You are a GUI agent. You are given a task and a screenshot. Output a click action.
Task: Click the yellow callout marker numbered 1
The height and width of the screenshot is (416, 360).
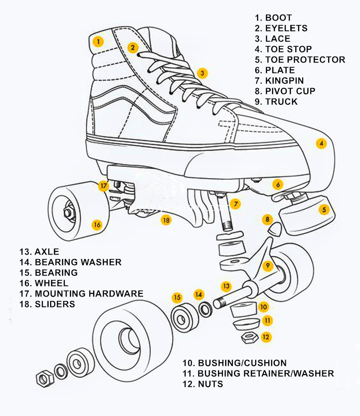(98, 42)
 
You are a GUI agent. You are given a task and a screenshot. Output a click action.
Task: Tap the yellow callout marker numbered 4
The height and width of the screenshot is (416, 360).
(321, 144)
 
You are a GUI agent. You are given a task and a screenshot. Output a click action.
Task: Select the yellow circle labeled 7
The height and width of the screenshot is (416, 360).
(236, 204)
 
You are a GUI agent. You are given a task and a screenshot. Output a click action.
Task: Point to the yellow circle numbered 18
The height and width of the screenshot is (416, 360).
(166, 220)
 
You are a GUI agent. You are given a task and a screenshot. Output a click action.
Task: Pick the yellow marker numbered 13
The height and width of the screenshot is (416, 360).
(226, 286)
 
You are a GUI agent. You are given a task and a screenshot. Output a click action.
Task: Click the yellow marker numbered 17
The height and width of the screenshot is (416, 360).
(103, 186)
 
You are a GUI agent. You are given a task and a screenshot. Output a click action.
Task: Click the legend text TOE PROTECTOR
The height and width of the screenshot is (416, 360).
(305, 60)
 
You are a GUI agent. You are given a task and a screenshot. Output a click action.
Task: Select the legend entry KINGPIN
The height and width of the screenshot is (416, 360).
(284, 81)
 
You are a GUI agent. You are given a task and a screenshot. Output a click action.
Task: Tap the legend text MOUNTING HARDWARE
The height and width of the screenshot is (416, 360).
(89, 294)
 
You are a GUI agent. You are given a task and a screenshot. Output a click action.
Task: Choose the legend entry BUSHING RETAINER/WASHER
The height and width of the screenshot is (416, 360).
(266, 374)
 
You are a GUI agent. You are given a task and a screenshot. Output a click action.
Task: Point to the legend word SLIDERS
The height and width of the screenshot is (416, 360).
(55, 304)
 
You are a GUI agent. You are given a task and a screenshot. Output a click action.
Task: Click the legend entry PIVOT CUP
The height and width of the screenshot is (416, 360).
(290, 91)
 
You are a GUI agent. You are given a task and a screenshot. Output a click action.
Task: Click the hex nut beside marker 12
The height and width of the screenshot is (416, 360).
(249, 338)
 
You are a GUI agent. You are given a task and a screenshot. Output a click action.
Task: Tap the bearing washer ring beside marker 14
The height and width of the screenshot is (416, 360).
(206, 309)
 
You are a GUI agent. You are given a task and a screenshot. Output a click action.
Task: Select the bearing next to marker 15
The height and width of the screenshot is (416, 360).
(185, 318)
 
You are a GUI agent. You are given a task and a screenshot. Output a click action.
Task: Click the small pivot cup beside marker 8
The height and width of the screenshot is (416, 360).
(274, 228)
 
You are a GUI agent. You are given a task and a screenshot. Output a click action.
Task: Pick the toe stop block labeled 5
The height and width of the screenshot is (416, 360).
(308, 215)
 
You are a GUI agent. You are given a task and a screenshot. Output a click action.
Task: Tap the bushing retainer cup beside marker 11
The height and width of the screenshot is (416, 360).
(246, 324)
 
